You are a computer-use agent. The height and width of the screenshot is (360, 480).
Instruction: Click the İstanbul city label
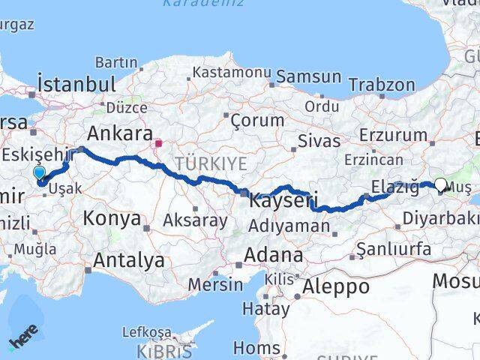tap(77, 83)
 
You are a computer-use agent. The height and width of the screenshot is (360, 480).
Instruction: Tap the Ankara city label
tap(120, 134)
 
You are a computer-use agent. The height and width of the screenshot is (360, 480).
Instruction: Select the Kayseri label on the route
tap(283, 201)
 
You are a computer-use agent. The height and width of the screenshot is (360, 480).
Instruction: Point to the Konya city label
tap(112, 219)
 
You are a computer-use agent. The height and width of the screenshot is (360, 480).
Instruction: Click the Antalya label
tap(128, 260)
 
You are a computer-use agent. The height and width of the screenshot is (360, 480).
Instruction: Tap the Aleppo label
tap(335, 286)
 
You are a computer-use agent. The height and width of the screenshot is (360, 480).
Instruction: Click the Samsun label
tap(308, 76)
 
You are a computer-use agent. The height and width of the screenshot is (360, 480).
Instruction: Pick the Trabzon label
tap(382, 85)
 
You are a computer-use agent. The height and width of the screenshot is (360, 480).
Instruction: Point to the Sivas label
tap(319, 141)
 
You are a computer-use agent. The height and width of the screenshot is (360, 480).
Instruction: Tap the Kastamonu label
tap(231, 73)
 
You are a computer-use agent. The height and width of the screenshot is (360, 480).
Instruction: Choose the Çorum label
tap(257, 120)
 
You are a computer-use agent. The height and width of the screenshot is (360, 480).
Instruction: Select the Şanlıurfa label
tap(394, 248)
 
